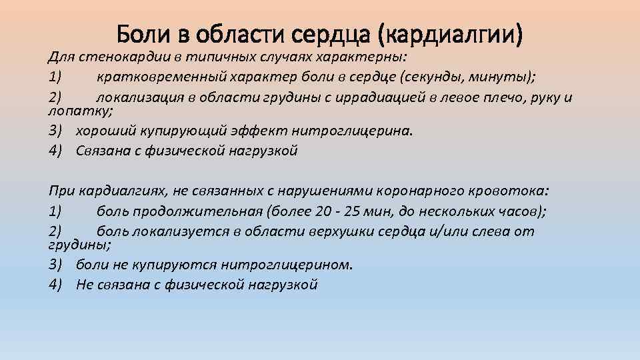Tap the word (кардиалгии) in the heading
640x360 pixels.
pyautogui.click(x=455, y=33)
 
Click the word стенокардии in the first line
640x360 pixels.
pyautogui.click(x=115, y=57)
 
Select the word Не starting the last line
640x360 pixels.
pyautogui.click(x=85, y=284)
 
